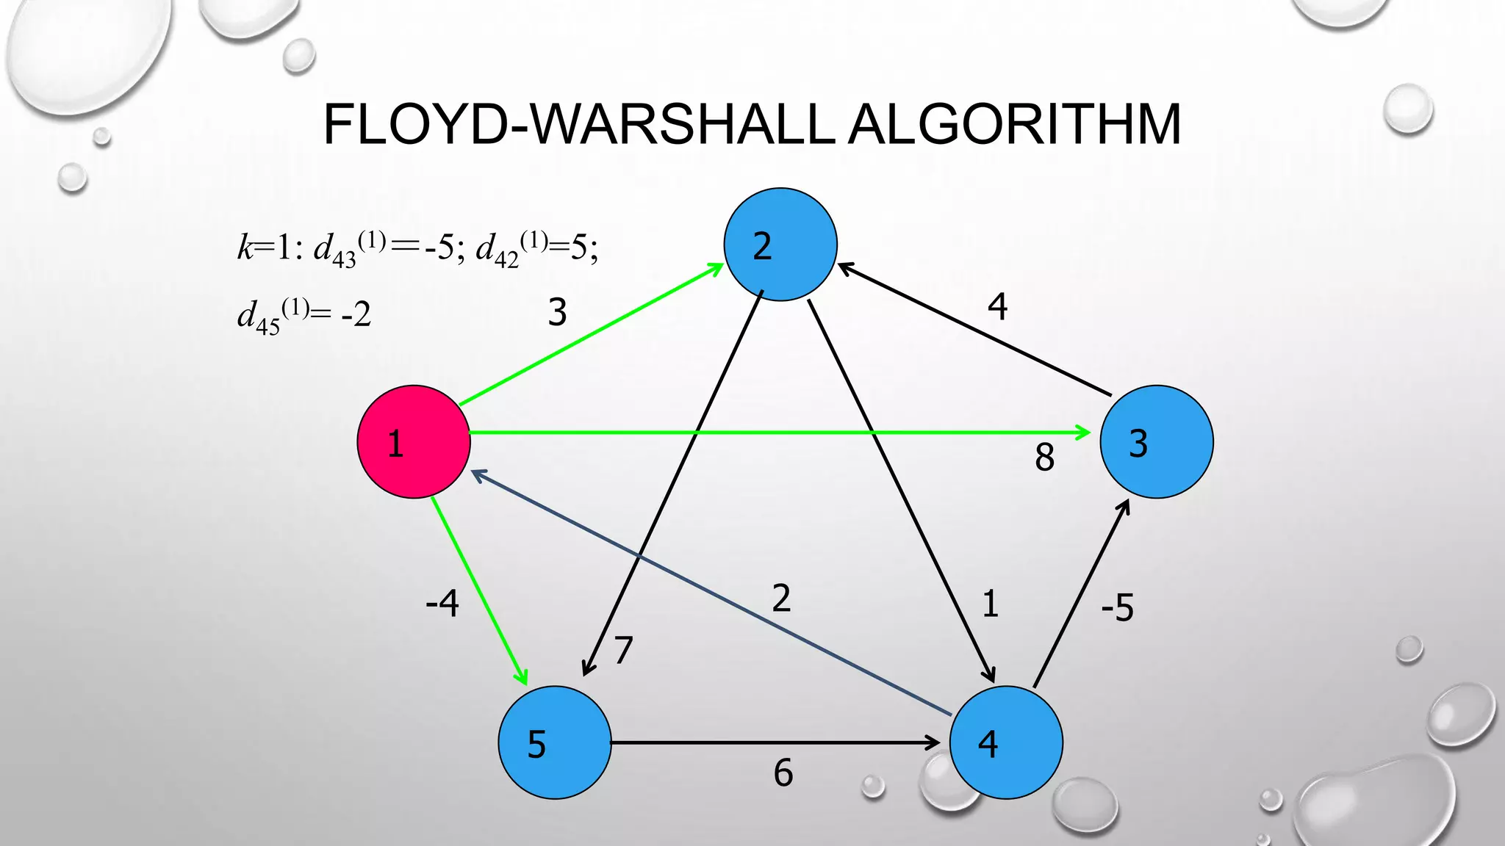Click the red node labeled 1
[414, 442]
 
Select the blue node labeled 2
[780, 245]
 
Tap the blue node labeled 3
[1157, 442]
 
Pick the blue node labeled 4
[1006, 742]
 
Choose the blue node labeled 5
[555, 742]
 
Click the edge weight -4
[442, 604]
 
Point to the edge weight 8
[1044, 458]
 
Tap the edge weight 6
[783, 773]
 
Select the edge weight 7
[623, 650]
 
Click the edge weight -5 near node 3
[1117, 608]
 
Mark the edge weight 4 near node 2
[997, 306]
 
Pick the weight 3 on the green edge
[558, 313]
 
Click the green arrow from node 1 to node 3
[779, 433]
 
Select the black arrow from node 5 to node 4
[775, 743]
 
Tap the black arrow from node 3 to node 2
[974, 330]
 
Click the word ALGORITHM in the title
[1014, 125]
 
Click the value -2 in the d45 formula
[356, 315]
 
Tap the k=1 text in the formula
[265, 248]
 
